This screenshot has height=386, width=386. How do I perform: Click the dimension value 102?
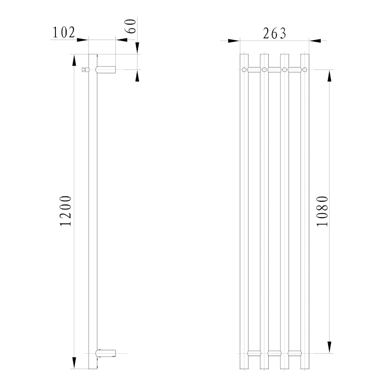pyautogui.click(x=63, y=32)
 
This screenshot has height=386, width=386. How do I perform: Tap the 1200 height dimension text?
pyautogui.click(x=66, y=211)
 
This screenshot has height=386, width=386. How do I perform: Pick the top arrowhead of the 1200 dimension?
pyautogui.click(x=74, y=59)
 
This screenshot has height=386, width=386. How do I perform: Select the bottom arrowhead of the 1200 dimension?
pyautogui.click(x=74, y=363)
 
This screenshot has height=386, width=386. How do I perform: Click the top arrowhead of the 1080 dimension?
pyautogui.click(x=330, y=75)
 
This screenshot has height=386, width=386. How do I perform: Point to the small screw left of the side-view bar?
pyautogui.click(x=85, y=70)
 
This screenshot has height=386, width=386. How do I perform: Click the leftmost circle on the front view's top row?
pyautogui.click(x=244, y=70)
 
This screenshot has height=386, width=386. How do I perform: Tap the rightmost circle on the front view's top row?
pyautogui.click(x=304, y=70)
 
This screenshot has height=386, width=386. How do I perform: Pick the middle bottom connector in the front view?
pyautogui.click(x=274, y=353)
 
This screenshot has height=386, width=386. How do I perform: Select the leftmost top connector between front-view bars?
pyautogui.click(x=254, y=70)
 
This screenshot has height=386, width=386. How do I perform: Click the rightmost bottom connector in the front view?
pyautogui.click(x=294, y=353)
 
